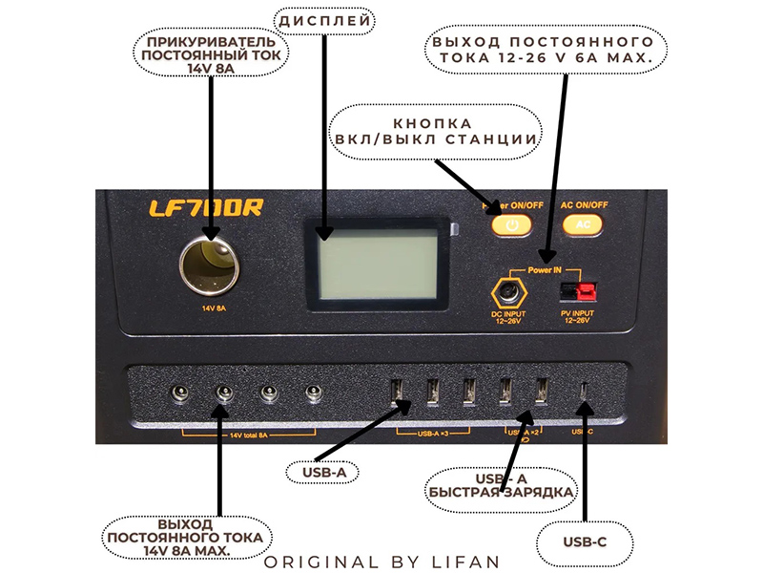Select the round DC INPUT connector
pos(509,291)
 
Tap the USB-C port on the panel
pos(584,392)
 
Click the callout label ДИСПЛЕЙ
pos(324,20)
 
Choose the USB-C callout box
pos(585,542)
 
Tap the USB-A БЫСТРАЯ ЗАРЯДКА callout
pos(503,484)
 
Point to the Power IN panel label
pos(545,270)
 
